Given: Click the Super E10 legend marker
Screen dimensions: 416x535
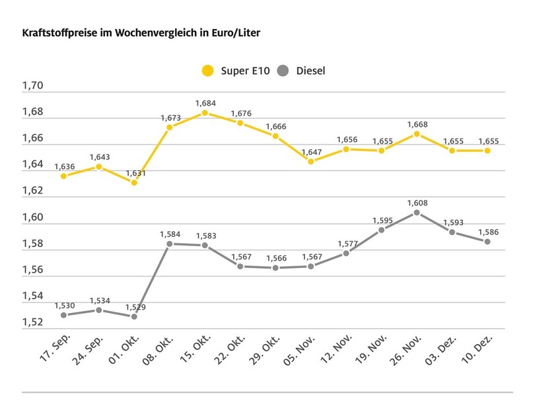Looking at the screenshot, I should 209,70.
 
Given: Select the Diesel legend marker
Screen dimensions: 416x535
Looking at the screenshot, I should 284,70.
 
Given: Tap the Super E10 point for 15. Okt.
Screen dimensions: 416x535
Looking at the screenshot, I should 205,113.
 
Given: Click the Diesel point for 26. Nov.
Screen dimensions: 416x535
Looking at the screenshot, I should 417,213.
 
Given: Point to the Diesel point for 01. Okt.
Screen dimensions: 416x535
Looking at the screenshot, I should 134,316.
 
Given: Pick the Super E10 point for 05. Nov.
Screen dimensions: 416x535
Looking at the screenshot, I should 310,161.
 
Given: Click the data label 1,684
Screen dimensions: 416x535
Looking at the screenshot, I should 205,103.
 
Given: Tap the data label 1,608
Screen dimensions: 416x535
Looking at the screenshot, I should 417,203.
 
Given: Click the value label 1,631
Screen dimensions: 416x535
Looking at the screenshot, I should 135,173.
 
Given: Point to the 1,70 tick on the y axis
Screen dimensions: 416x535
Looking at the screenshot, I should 32,86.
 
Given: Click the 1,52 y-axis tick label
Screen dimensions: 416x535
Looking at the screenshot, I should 32,322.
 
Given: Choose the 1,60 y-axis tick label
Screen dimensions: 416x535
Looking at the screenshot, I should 32,217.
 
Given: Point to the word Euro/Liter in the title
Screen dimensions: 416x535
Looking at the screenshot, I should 234,32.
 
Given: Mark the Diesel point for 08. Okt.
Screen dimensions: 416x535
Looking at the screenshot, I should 170,244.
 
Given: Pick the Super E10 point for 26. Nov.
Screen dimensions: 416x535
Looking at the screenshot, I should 417,134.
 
